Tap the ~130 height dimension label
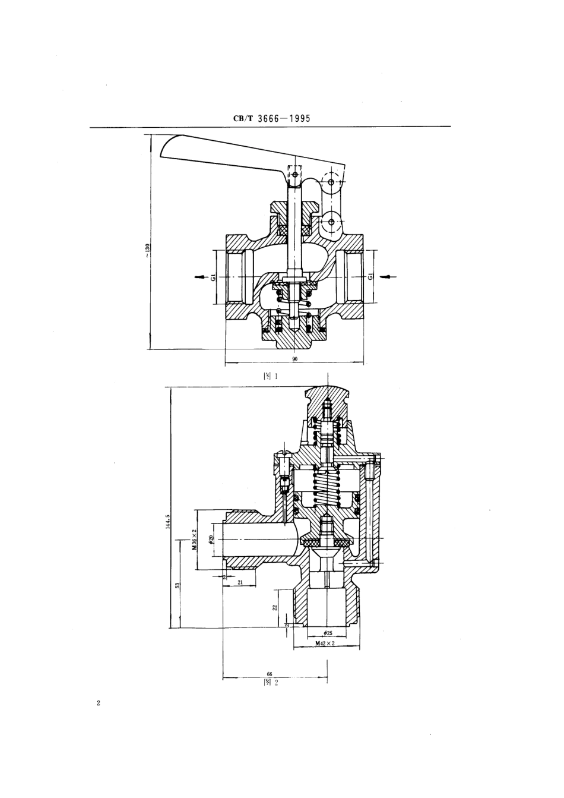click(x=147, y=250)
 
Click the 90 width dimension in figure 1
click(x=294, y=359)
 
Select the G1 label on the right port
click(x=370, y=276)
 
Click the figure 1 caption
click(x=271, y=376)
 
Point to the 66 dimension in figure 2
click(x=269, y=674)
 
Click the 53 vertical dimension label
click(x=178, y=585)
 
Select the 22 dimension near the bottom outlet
click(x=275, y=607)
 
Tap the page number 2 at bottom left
click(x=99, y=704)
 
